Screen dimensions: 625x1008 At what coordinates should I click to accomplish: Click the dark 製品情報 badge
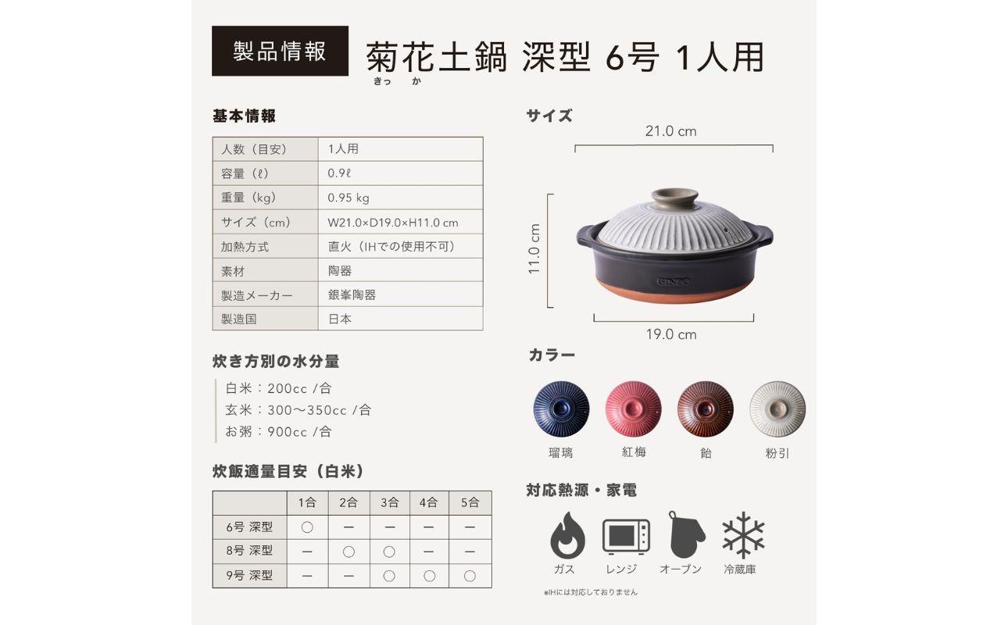(x=280, y=51)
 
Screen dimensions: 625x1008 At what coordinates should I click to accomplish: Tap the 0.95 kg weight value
(x=349, y=198)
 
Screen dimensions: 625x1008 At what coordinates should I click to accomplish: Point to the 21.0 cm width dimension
(x=670, y=131)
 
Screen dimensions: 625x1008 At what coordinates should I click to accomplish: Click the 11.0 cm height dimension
(x=534, y=249)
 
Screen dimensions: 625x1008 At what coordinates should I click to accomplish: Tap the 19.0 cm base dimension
(x=670, y=334)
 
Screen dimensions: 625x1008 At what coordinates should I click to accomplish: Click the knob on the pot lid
(x=674, y=197)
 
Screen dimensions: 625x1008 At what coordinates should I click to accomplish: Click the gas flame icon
(x=567, y=535)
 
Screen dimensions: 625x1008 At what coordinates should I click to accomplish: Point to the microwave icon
(x=626, y=537)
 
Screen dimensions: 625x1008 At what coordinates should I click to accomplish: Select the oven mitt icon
(x=685, y=535)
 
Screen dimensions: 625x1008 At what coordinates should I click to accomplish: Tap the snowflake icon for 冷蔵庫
(x=743, y=536)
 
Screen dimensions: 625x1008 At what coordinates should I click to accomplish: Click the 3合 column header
(x=389, y=502)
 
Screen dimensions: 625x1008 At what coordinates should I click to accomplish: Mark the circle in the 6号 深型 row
(x=307, y=527)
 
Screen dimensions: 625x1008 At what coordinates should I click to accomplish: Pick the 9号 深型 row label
(x=249, y=576)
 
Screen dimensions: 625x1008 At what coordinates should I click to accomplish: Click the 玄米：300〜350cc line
(x=298, y=410)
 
